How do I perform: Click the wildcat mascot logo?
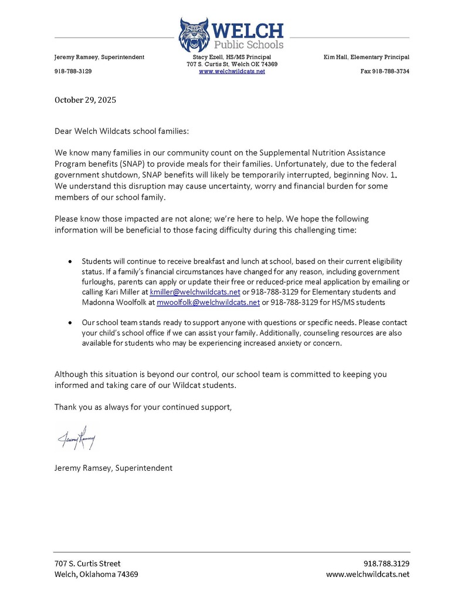[x=194, y=35]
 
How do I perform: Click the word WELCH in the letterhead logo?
[x=247, y=31]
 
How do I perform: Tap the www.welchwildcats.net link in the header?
[x=232, y=72]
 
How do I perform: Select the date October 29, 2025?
[x=85, y=100]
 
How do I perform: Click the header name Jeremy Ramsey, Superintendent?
[x=99, y=57]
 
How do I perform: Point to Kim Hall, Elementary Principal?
[x=366, y=57]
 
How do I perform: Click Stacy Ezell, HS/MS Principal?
[x=232, y=57]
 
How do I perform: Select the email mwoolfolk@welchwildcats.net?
[x=208, y=302]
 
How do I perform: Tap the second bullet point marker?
[x=71, y=323]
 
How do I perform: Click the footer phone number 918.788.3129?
[x=386, y=563]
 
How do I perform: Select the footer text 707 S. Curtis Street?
[x=87, y=563]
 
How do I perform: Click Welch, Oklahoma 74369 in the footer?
[x=96, y=575]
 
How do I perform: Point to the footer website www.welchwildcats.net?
[x=367, y=575]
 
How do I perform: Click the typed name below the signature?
[x=113, y=468]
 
